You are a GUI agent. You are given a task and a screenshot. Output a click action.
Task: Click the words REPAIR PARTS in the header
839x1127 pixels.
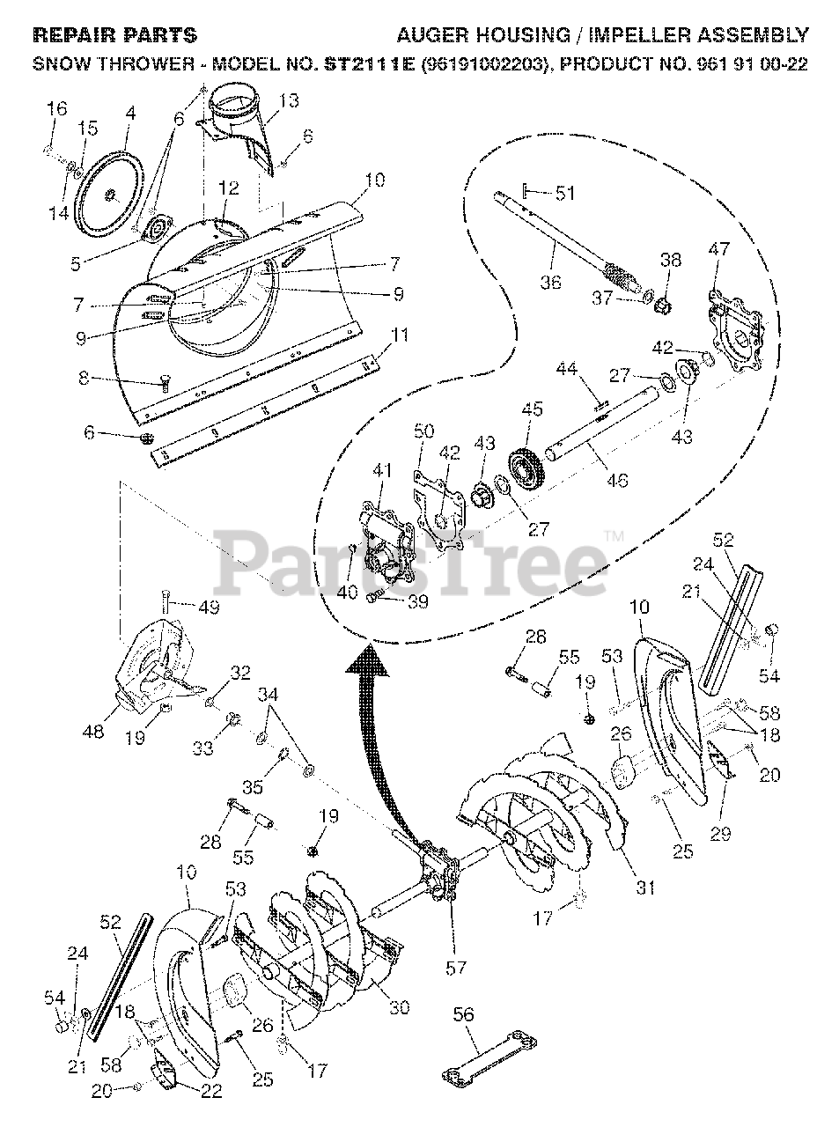pos(114,36)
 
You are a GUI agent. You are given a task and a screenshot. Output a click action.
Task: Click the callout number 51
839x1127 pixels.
pos(564,193)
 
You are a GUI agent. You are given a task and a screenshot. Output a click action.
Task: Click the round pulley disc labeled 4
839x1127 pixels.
pos(111,193)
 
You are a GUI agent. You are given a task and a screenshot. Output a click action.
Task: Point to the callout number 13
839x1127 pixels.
pos(289,101)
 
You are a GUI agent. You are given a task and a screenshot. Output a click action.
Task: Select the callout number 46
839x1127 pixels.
pos(617,481)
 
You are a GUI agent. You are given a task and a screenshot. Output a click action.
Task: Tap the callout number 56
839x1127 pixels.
pos(463,1015)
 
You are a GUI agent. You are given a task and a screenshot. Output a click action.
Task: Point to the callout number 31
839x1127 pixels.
pos(646,888)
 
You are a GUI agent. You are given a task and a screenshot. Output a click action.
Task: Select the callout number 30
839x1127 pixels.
pos(400,1007)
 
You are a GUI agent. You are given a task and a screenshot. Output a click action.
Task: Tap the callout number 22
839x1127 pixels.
pos(211,1092)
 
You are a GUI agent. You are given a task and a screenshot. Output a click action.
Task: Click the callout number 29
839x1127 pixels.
pos(720,833)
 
